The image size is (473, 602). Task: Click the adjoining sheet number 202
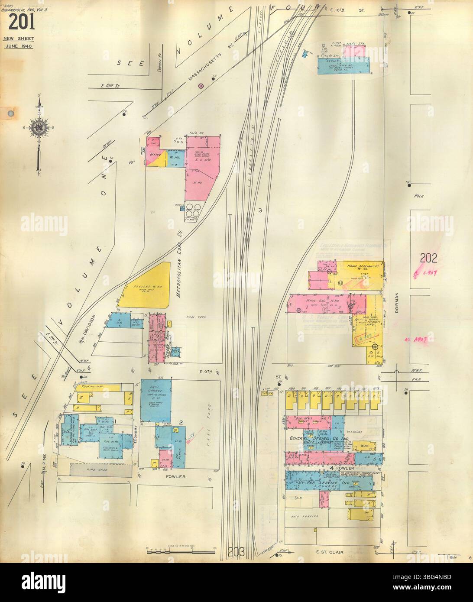coord(429,259)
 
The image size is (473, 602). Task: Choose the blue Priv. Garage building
coord(156,400)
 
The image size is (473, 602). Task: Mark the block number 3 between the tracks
coord(260,210)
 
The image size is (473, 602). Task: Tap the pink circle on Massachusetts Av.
coord(201,86)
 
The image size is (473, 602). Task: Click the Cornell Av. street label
coord(160,65)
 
